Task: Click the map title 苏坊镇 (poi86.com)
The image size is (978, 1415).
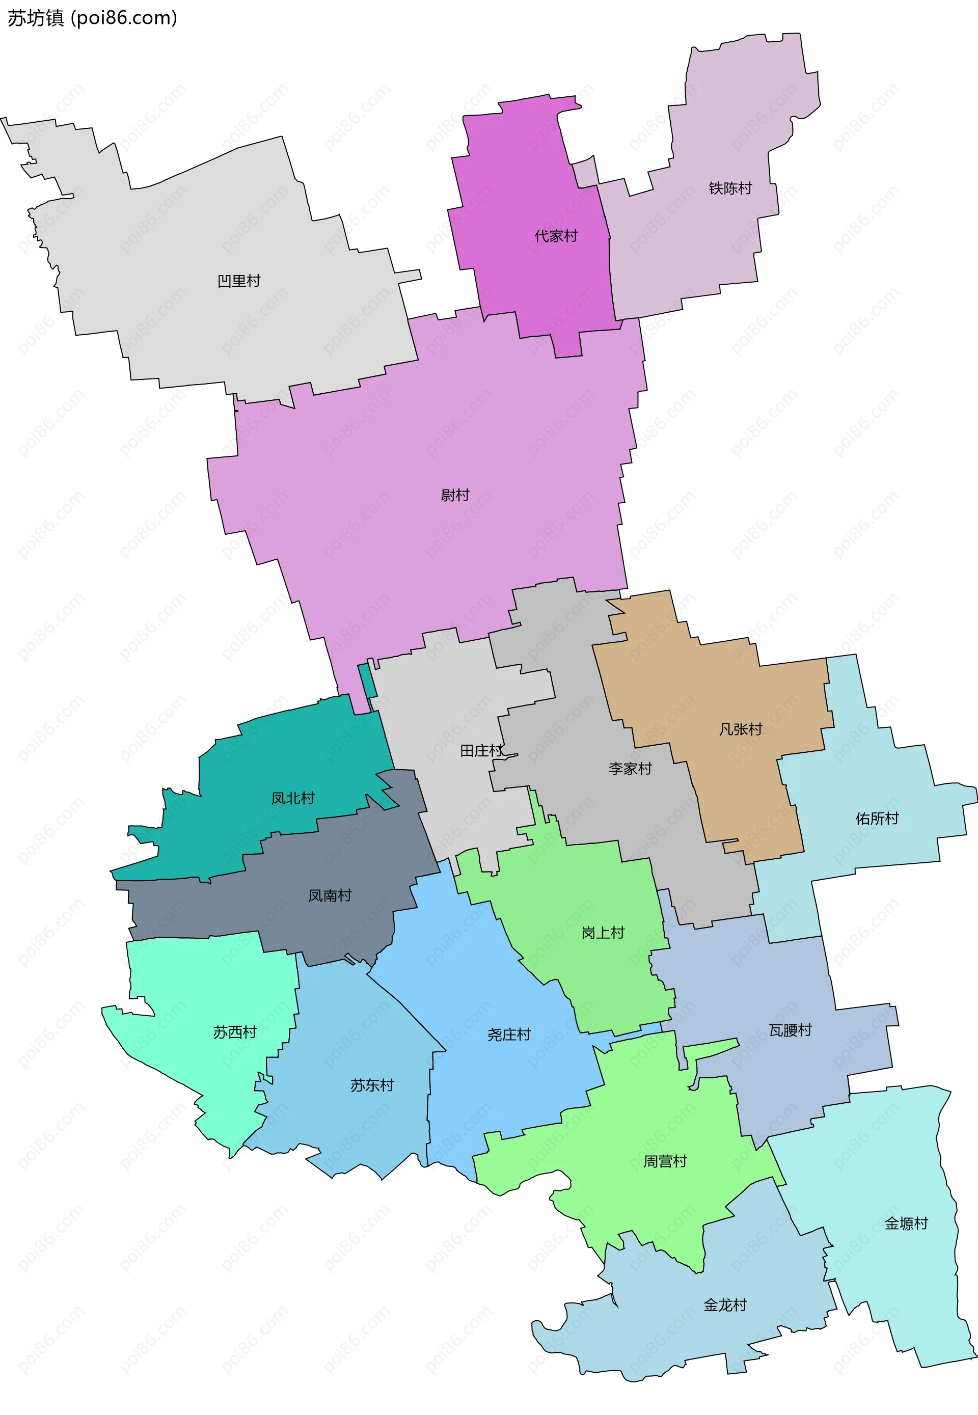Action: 92,18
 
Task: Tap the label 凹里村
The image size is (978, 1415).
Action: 239,281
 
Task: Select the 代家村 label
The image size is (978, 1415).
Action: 556,236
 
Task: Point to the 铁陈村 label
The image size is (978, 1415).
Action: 730,188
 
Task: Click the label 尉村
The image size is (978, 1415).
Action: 455,495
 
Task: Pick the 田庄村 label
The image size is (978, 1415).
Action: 481,750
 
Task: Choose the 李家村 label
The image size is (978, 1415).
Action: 630,769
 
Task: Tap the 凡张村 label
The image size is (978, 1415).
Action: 740,729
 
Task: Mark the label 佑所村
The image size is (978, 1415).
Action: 877,818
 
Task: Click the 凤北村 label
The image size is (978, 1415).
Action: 293,798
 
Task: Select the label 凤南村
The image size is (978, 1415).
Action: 330,895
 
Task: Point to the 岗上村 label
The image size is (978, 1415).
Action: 603,933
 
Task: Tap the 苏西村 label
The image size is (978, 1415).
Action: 235,1032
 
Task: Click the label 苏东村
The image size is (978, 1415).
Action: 372,1085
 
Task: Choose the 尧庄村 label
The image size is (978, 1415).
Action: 508,1035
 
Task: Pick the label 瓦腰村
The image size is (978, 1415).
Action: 790,1030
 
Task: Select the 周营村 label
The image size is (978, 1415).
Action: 665,1161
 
